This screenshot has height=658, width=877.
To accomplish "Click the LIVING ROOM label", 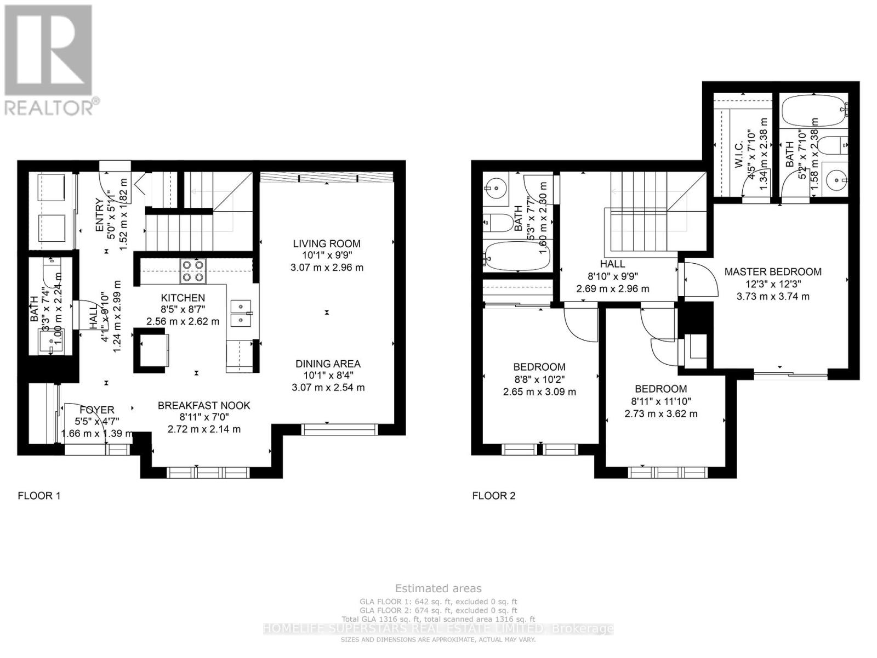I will click(x=327, y=243).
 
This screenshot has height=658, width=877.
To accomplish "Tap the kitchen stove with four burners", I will click(x=193, y=270).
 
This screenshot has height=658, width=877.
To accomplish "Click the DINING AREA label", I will click(x=328, y=364).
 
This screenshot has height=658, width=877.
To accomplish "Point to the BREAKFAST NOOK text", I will click(x=204, y=405).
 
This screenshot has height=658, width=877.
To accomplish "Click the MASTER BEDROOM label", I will click(x=773, y=271).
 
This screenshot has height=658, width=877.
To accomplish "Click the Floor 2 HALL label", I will click(x=612, y=264).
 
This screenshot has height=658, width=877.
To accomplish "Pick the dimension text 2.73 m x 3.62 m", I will click(x=661, y=413).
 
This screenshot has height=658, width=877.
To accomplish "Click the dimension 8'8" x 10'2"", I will click(x=539, y=379).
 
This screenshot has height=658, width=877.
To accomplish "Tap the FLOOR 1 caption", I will click(x=39, y=496).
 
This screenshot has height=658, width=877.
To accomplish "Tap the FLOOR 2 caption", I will click(x=494, y=496).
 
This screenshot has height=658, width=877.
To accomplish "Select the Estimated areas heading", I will click(x=438, y=588).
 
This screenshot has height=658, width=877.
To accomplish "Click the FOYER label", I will click(x=97, y=410).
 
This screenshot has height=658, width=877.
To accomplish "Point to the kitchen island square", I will click(x=152, y=350).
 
